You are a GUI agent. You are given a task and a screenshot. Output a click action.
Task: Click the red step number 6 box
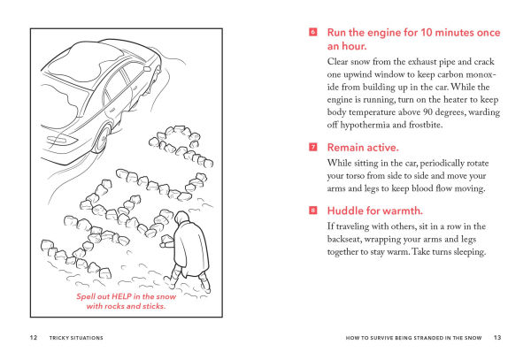(x=313, y=32)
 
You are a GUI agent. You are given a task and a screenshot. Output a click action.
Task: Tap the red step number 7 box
(x=313, y=147)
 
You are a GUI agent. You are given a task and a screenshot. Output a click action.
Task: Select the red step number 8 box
(x=313, y=211)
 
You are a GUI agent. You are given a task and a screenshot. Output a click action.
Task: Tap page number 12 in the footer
(x=32, y=337)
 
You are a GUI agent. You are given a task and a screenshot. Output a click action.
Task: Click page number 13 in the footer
(x=496, y=337)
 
